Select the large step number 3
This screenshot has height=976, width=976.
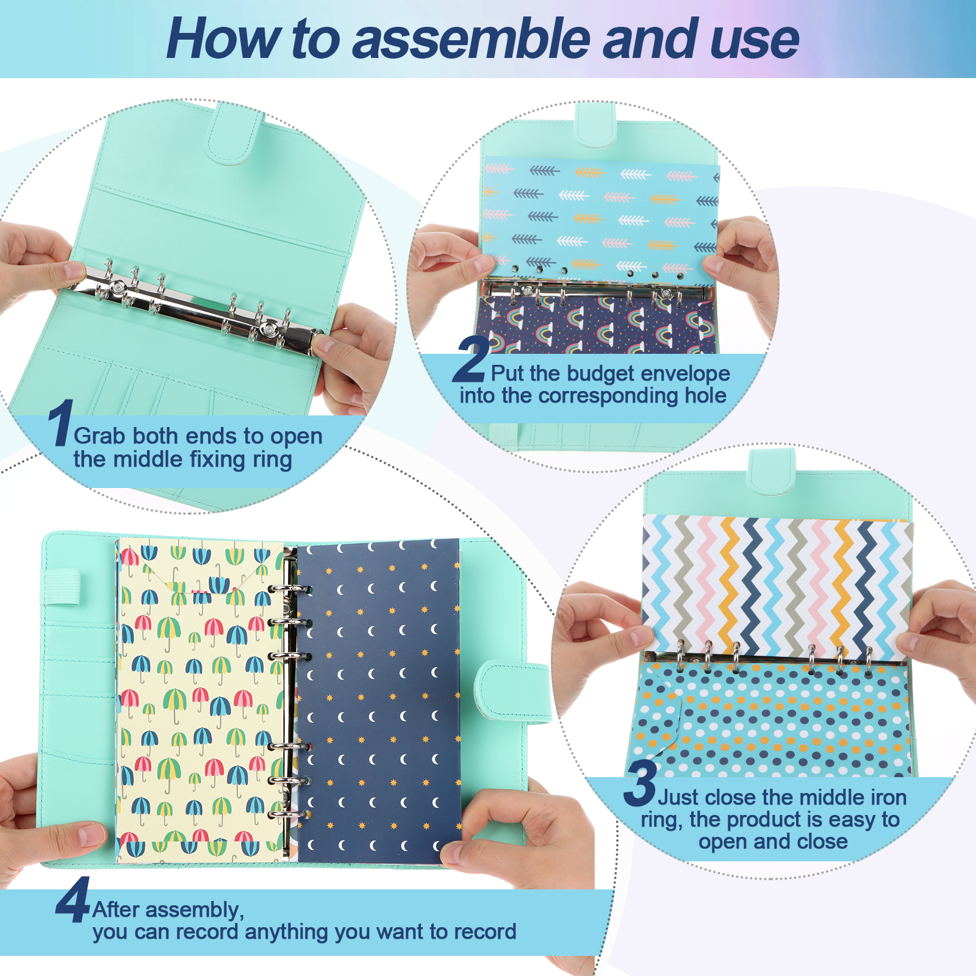pos(640,783)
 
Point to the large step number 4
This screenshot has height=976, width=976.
pos(73,900)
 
